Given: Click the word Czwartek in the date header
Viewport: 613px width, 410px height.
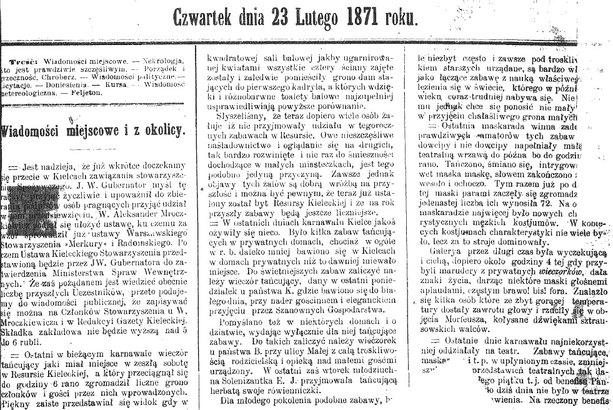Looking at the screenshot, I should click(x=207, y=18).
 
